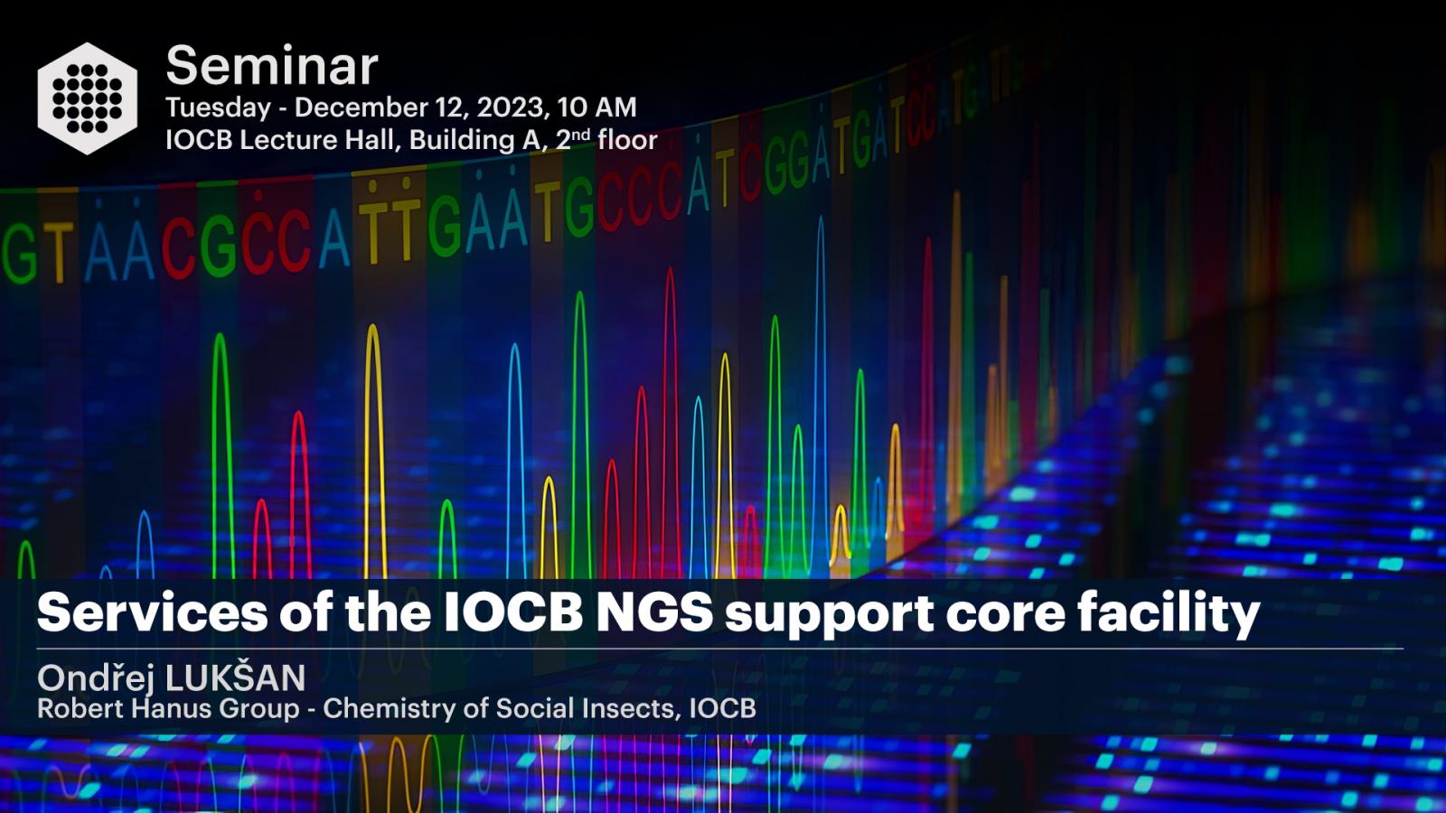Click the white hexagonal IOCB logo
click(87, 98)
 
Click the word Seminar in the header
click(272, 66)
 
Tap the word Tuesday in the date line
click(218, 107)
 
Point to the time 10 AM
click(597, 107)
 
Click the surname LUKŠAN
click(236, 677)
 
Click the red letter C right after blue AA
click(178, 248)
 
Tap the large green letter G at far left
click(19, 254)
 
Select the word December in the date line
click(374, 107)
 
